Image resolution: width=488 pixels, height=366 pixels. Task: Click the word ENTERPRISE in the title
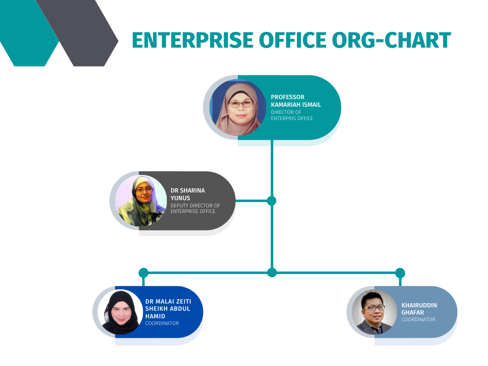click(193, 40)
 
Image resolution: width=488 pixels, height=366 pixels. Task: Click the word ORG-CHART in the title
click(392, 40)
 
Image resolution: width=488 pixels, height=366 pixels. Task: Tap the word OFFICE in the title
click(293, 40)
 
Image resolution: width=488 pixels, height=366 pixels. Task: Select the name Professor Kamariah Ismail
click(295, 101)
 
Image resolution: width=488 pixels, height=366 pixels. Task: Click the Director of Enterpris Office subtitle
click(292, 115)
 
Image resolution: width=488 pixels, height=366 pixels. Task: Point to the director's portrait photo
click(238, 108)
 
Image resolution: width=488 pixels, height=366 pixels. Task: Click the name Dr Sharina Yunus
click(188, 194)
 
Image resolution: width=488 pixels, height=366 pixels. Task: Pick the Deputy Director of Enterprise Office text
click(195, 208)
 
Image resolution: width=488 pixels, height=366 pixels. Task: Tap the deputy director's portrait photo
click(141, 201)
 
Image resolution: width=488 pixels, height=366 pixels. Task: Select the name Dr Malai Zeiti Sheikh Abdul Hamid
click(168, 309)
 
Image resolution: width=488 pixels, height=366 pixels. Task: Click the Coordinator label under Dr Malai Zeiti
click(162, 324)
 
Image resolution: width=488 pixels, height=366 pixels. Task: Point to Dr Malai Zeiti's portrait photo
click(121, 312)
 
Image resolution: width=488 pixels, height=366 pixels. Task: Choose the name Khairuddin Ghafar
click(419, 309)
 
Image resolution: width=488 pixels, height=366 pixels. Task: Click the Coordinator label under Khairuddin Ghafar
click(418, 319)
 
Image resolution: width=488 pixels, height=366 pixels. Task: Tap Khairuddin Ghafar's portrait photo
click(375, 312)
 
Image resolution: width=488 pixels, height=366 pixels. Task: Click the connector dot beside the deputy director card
click(272, 201)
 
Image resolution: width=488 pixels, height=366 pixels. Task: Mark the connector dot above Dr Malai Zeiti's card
click(143, 273)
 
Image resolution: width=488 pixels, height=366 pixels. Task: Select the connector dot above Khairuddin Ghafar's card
click(400, 273)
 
